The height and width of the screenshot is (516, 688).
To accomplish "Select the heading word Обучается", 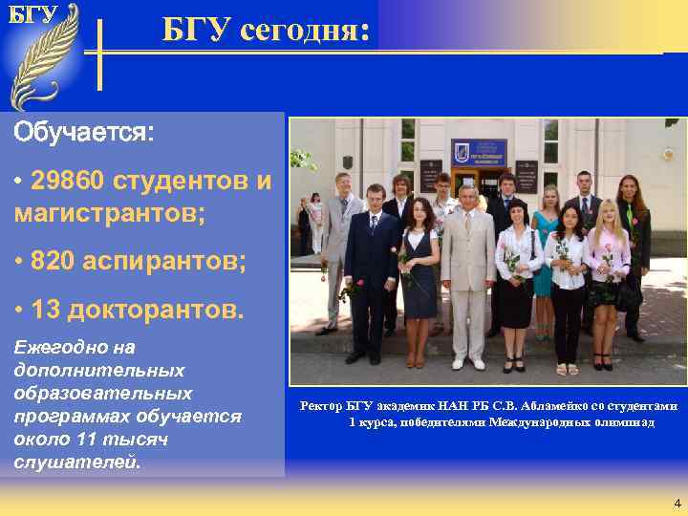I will click(82, 132).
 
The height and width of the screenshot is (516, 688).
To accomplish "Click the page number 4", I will click(677, 504).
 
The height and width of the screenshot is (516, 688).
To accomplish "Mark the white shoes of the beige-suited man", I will click(468, 364).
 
